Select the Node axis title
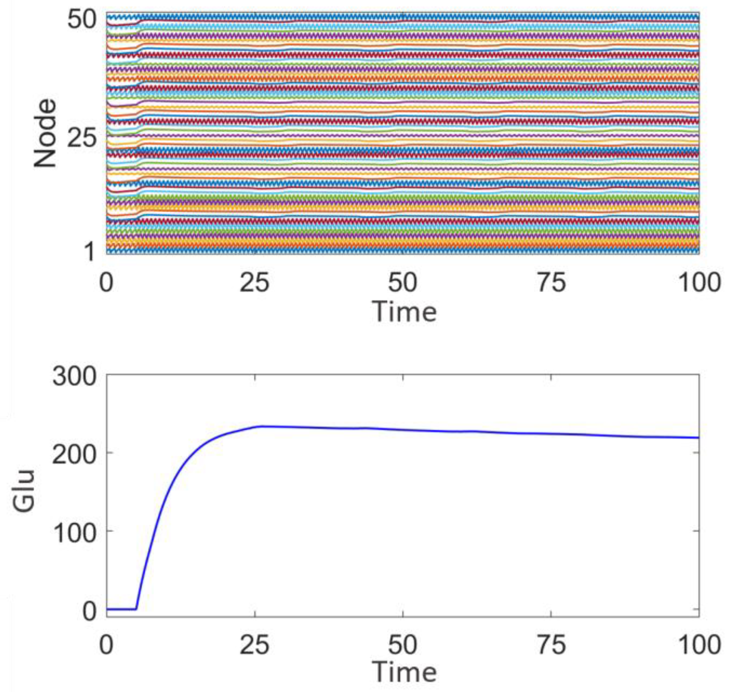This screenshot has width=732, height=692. tap(45, 134)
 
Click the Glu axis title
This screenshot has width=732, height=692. tap(24, 491)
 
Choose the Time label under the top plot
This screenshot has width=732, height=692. tap(405, 312)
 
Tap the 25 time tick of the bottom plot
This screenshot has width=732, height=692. tap(255, 645)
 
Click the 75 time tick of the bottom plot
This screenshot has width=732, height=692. tap(551, 645)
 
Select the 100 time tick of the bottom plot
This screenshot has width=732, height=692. tap(700, 645)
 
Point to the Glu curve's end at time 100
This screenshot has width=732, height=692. tap(699, 437)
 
